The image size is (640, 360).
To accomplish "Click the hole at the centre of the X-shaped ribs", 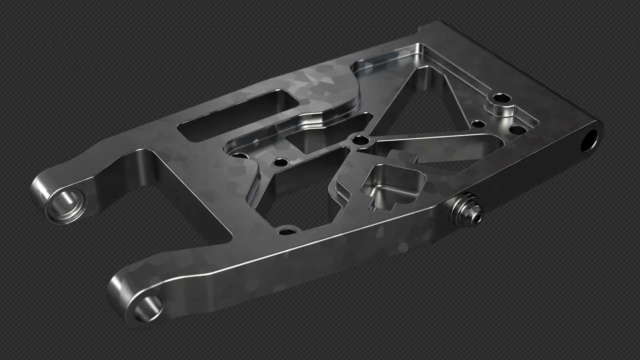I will coord(360,140).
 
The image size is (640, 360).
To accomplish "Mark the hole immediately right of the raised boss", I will coord(519,130).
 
